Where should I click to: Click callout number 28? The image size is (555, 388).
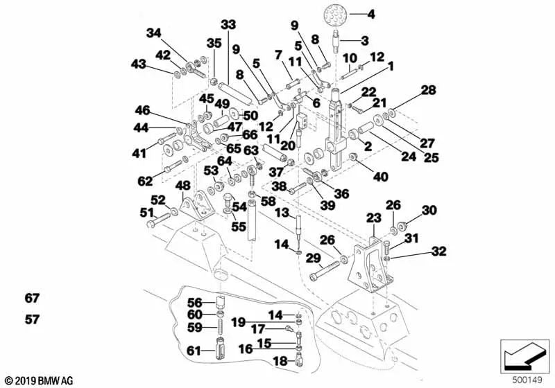(428, 91)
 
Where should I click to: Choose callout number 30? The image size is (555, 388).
(429, 211)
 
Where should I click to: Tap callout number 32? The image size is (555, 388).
(438, 251)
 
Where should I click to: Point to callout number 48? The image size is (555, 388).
(182, 186)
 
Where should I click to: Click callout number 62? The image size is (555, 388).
(144, 182)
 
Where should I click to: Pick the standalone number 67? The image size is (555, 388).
(32, 299)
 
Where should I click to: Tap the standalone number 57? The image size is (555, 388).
(32, 320)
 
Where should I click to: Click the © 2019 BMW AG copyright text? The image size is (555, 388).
(38, 380)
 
